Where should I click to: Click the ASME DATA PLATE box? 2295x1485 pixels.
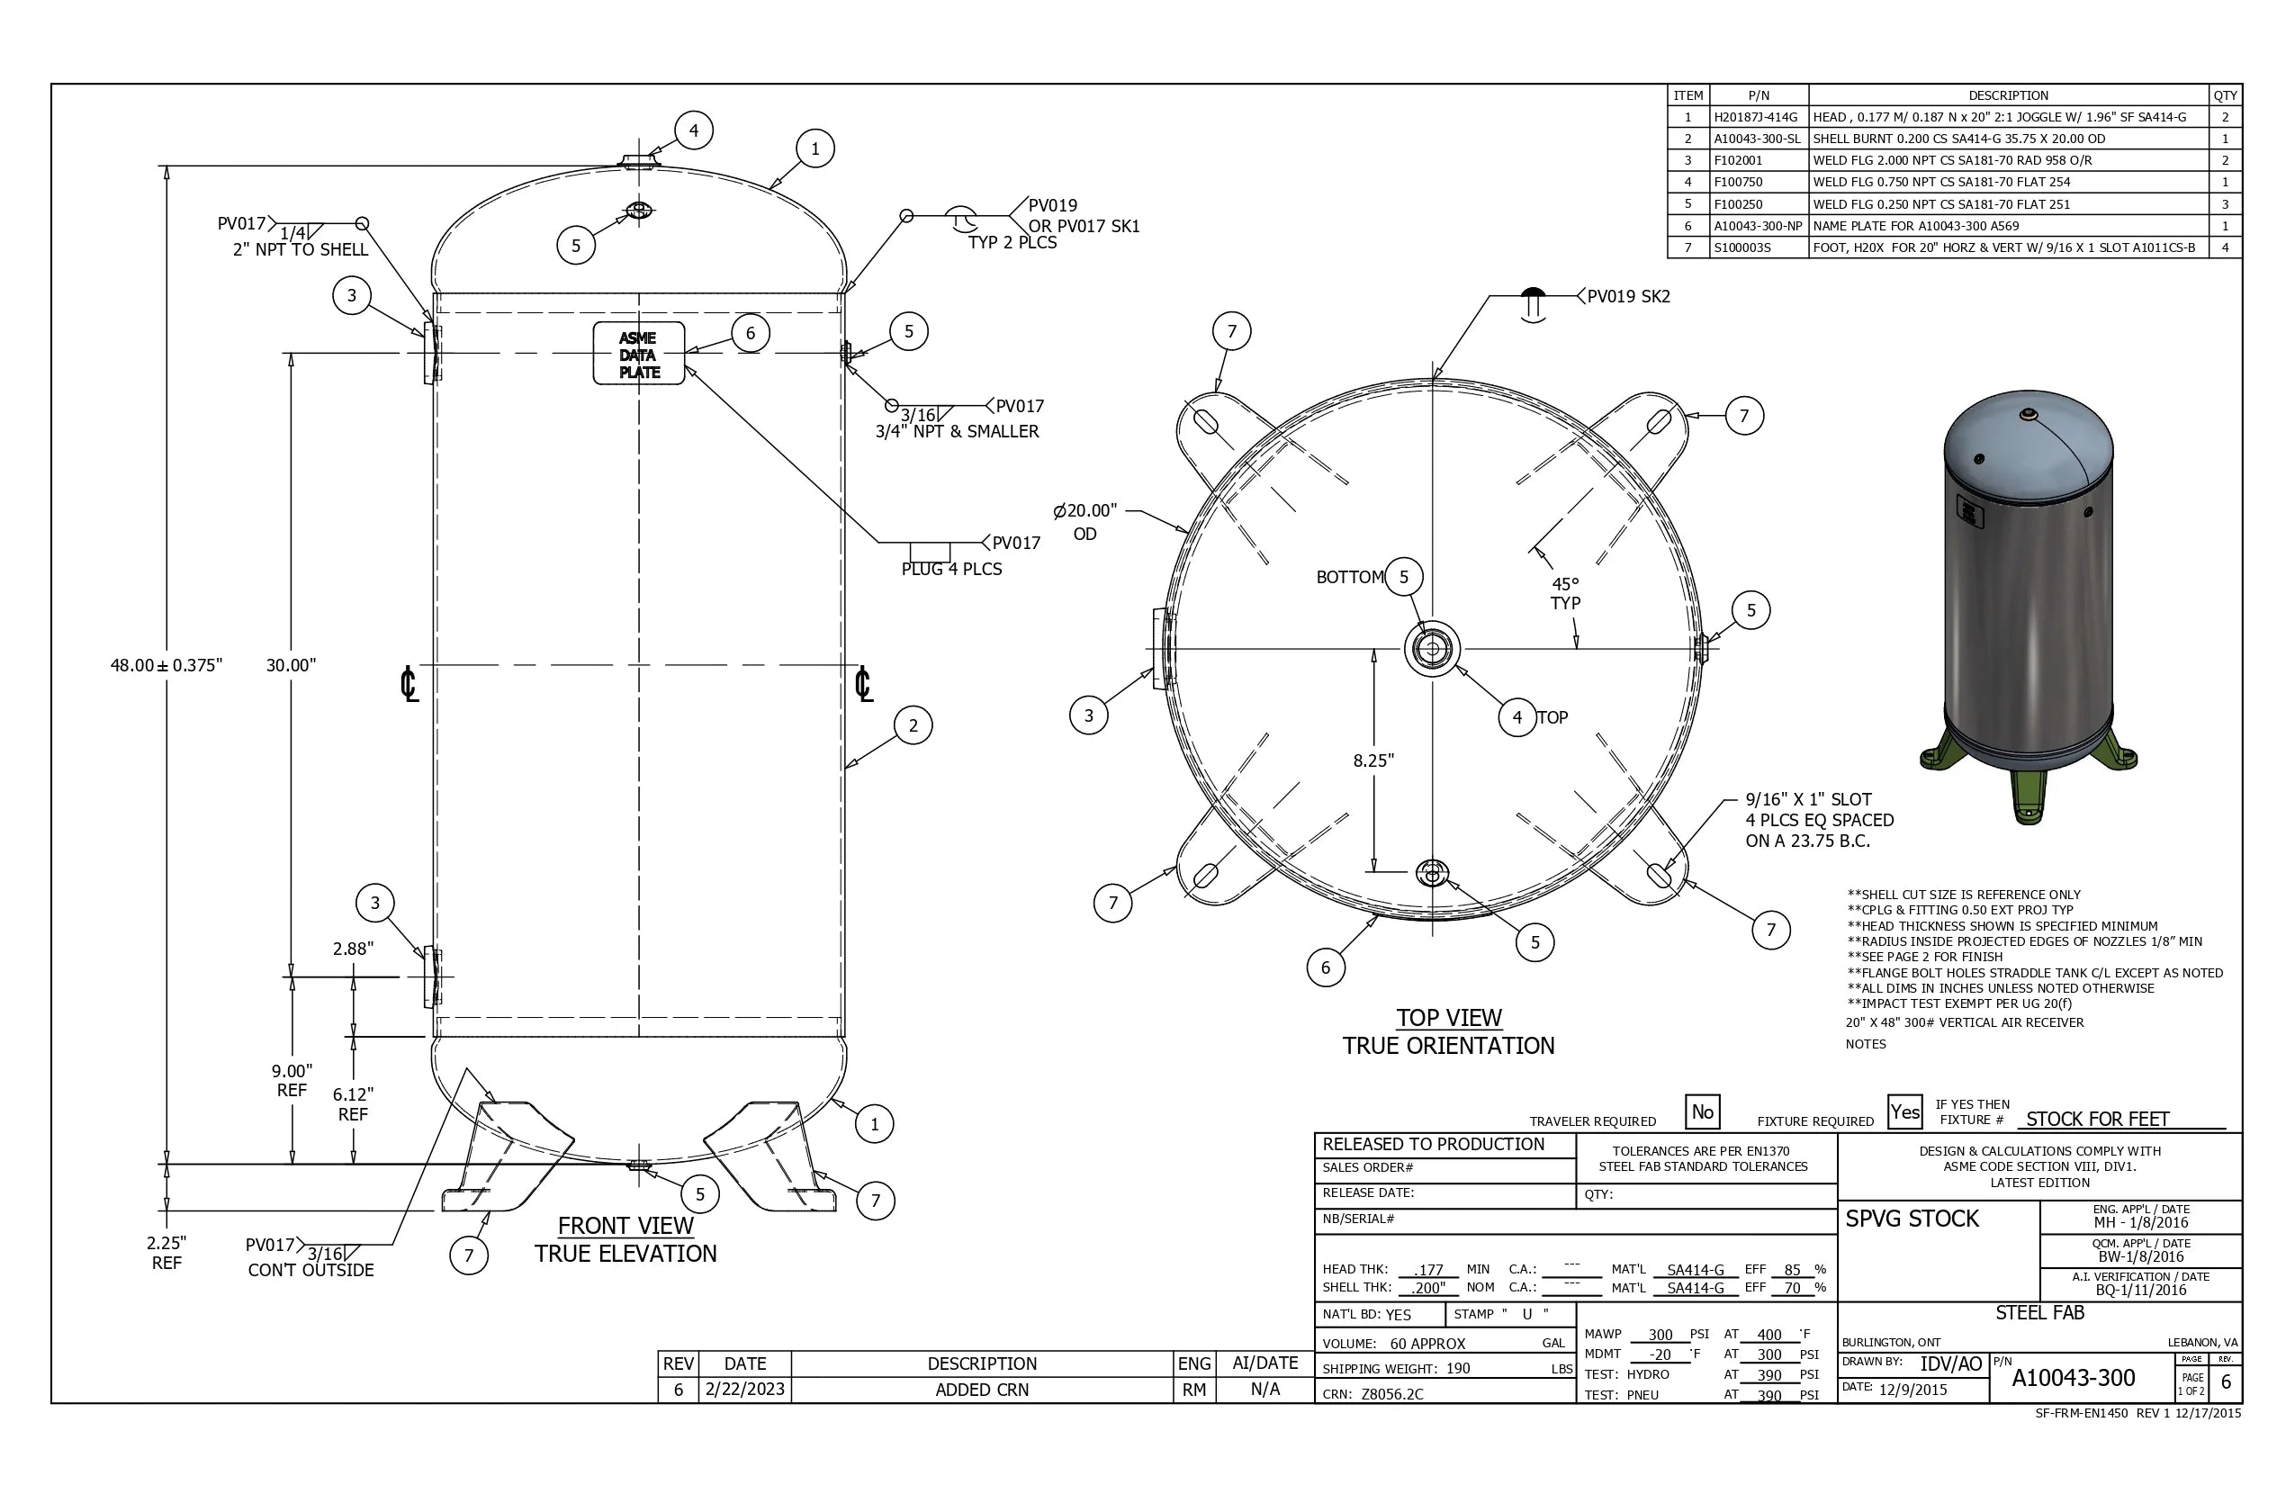click(638, 354)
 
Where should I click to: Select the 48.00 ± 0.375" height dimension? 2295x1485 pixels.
click(166, 665)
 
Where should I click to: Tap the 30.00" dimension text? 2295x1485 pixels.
click(290, 665)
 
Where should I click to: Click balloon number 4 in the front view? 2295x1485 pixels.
click(693, 130)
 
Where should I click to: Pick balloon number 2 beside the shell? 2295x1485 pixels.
click(913, 725)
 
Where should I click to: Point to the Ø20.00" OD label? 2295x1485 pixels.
click(1084, 521)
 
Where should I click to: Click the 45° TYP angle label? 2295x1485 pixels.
click(1565, 593)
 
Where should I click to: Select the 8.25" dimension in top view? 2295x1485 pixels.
click(1373, 760)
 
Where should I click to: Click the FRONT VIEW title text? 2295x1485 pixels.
click(625, 1226)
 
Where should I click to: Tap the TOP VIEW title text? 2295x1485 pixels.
click(1448, 1017)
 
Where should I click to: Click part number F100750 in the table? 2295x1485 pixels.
click(1738, 182)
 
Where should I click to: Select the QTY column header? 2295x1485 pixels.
click(2225, 95)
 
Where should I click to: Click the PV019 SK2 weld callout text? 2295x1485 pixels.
click(1629, 296)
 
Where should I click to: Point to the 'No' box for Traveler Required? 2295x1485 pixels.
click(1702, 1111)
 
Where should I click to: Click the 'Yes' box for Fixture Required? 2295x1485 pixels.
click(1904, 1111)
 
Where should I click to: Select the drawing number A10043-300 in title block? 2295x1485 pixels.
click(2074, 1378)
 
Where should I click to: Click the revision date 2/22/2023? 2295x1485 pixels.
click(744, 1390)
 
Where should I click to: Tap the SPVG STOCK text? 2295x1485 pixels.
click(1912, 1219)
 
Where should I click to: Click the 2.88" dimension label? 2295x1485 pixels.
click(353, 948)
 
